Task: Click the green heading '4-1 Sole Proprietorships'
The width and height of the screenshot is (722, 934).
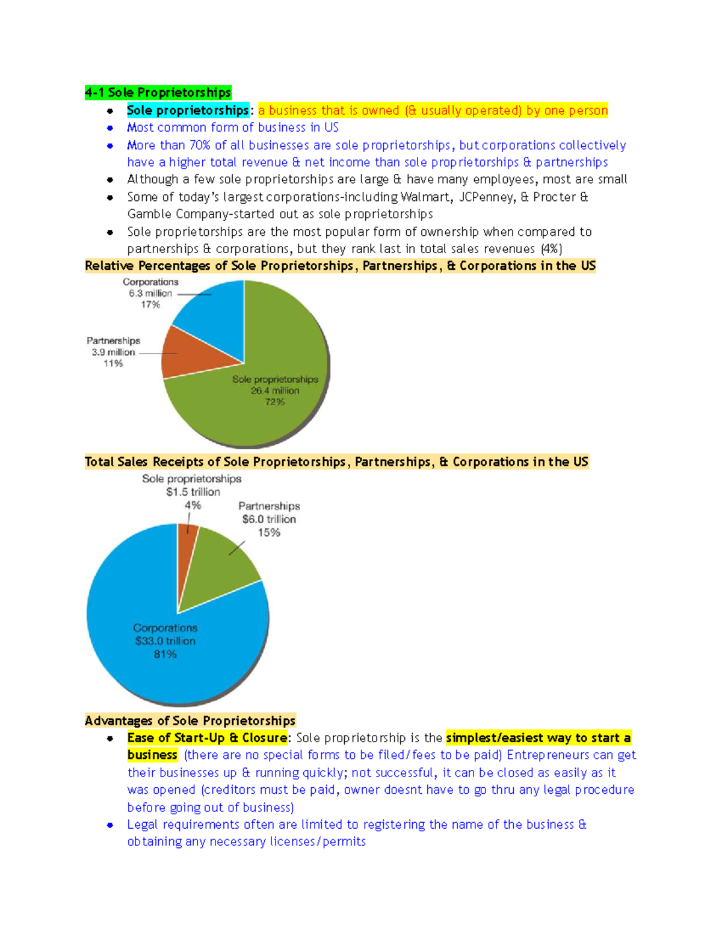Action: [158, 93]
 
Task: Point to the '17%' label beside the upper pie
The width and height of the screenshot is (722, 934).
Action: [150, 305]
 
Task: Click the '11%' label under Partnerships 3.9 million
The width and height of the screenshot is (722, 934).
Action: [113, 364]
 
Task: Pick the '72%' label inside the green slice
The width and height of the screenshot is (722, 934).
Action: [275, 402]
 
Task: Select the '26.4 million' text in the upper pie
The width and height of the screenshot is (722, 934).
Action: [275, 391]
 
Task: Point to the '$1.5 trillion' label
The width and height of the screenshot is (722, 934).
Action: [193, 492]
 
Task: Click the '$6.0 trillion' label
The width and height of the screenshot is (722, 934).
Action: [269, 520]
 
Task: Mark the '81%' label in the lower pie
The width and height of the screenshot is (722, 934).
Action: [165, 654]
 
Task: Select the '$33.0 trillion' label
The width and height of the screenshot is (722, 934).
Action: [165, 641]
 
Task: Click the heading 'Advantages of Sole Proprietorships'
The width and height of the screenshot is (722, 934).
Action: [190, 720]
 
